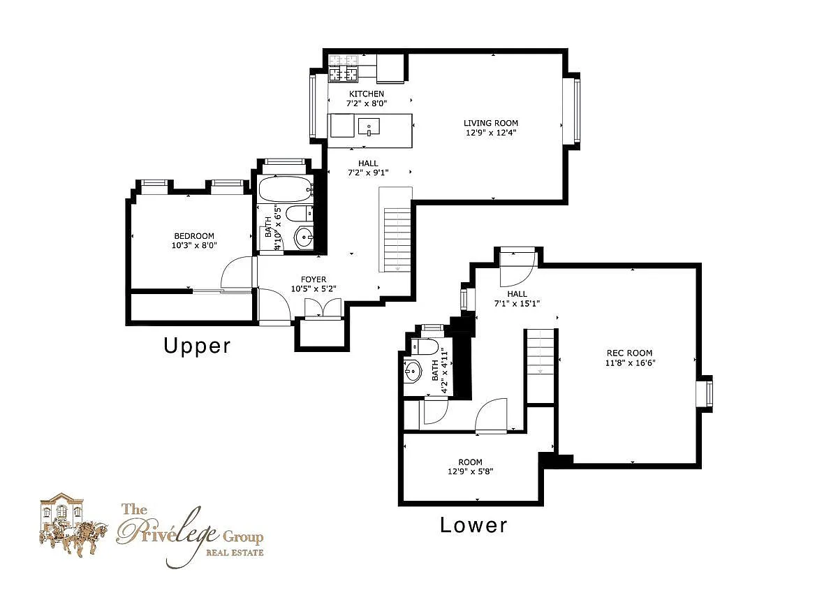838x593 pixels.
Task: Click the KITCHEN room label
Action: tap(366, 94)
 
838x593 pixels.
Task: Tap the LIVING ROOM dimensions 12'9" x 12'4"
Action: tap(491, 133)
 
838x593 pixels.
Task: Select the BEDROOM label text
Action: tap(194, 236)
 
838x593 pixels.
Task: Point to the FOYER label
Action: tap(314, 279)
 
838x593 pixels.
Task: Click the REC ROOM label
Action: tap(630, 353)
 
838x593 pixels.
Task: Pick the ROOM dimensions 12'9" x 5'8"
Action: tap(470, 471)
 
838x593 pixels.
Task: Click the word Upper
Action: tap(197, 346)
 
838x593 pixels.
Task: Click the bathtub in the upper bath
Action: tap(286, 189)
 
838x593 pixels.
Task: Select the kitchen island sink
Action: tap(369, 126)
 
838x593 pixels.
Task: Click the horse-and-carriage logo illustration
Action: tap(73, 525)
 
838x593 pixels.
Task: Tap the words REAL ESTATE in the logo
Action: tap(235, 552)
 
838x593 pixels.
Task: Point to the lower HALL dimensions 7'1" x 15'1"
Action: tap(517, 303)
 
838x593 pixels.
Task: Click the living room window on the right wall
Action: tap(572, 111)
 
